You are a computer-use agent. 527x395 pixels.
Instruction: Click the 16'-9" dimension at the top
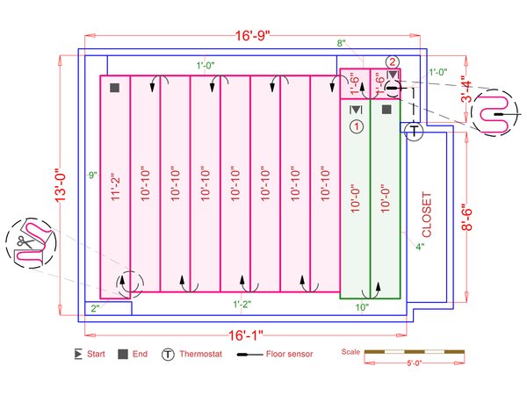(x=251, y=36)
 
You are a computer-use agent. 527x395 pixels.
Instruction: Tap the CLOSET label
(x=428, y=214)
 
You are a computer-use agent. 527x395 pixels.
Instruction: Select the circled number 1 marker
(x=356, y=127)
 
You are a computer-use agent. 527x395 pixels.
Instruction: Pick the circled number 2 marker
(x=393, y=61)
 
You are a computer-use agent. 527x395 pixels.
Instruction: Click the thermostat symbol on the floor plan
(x=414, y=131)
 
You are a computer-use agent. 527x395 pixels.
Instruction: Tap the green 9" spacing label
(x=92, y=176)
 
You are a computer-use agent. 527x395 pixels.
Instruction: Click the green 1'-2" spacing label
(x=243, y=304)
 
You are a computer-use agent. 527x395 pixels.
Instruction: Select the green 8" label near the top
(x=341, y=43)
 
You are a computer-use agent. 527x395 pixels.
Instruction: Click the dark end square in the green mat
(x=386, y=110)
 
